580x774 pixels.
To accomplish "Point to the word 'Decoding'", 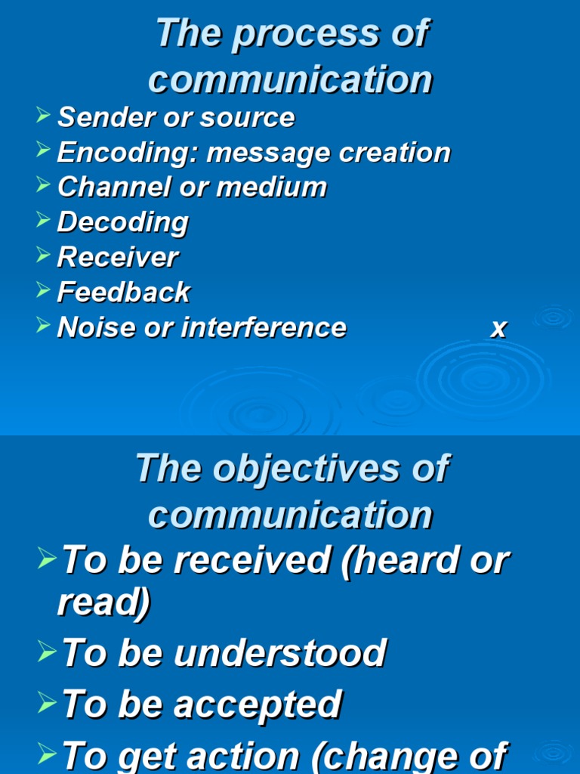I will click(x=122, y=222).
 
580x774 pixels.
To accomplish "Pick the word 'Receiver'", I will click(x=118, y=257).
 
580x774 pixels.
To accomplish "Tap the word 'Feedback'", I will click(x=123, y=292).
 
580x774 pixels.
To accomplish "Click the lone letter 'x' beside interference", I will click(x=498, y=328).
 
